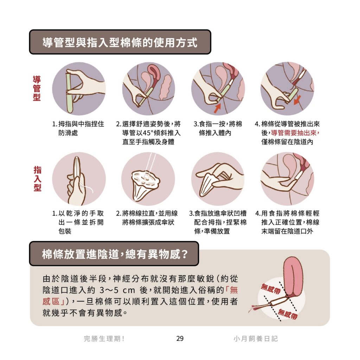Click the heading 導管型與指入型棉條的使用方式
[120, 43]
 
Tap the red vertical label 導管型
[37, 88]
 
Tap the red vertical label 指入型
[37, 179]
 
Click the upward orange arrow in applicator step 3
[217, 108]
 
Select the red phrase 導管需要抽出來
[294, 133]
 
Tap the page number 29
[180, 339]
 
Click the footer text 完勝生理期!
[104, 339]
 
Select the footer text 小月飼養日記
[256, 339]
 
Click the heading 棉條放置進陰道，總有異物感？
[115, 254]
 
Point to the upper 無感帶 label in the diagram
[271, 289]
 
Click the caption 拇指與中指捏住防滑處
[78, 128]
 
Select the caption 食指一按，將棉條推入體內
[218, 128]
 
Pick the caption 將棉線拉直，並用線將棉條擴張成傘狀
[147, 218]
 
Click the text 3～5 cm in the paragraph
[117, 290]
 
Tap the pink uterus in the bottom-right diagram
[294, 278]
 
